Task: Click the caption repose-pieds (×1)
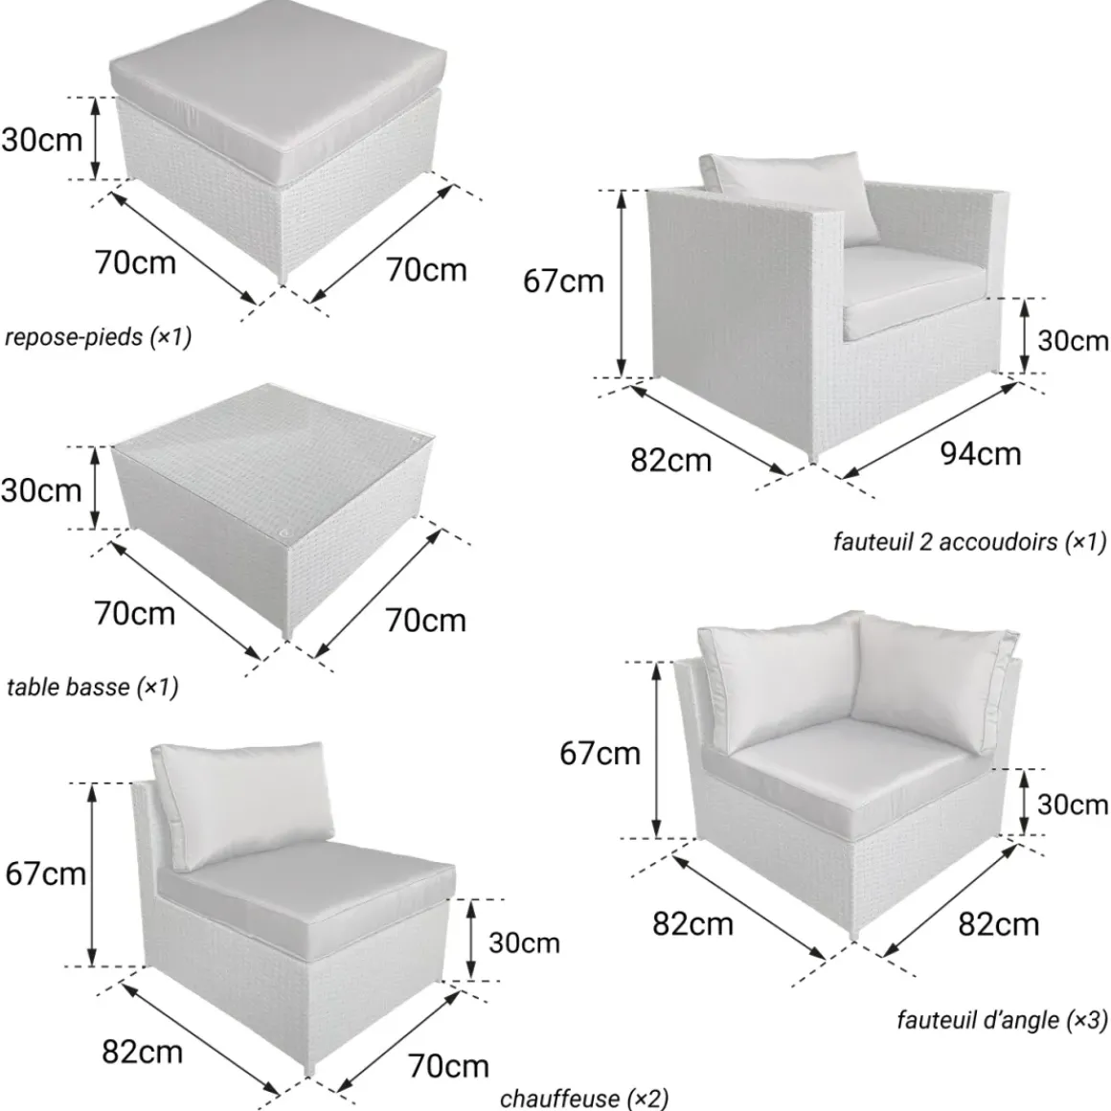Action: point(98,336)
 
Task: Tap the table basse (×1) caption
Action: point(92,687)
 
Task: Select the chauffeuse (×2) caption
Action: point(584,1098)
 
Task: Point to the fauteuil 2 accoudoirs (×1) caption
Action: point(969,542)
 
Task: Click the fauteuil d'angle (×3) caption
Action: point(1001,1020)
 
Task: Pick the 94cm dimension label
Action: point(981,453)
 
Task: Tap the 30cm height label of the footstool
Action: point(42,140)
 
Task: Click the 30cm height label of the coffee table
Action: point(42,490)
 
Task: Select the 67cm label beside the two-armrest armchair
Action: point(563,282)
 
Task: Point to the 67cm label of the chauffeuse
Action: point(45,873)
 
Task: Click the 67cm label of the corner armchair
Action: point(601,753)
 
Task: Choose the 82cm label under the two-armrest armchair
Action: point(671,461)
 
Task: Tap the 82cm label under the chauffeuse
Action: point(143,1053)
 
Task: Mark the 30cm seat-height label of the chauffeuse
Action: point(524,943)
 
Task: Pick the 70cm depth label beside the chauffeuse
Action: point(448,1066)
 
